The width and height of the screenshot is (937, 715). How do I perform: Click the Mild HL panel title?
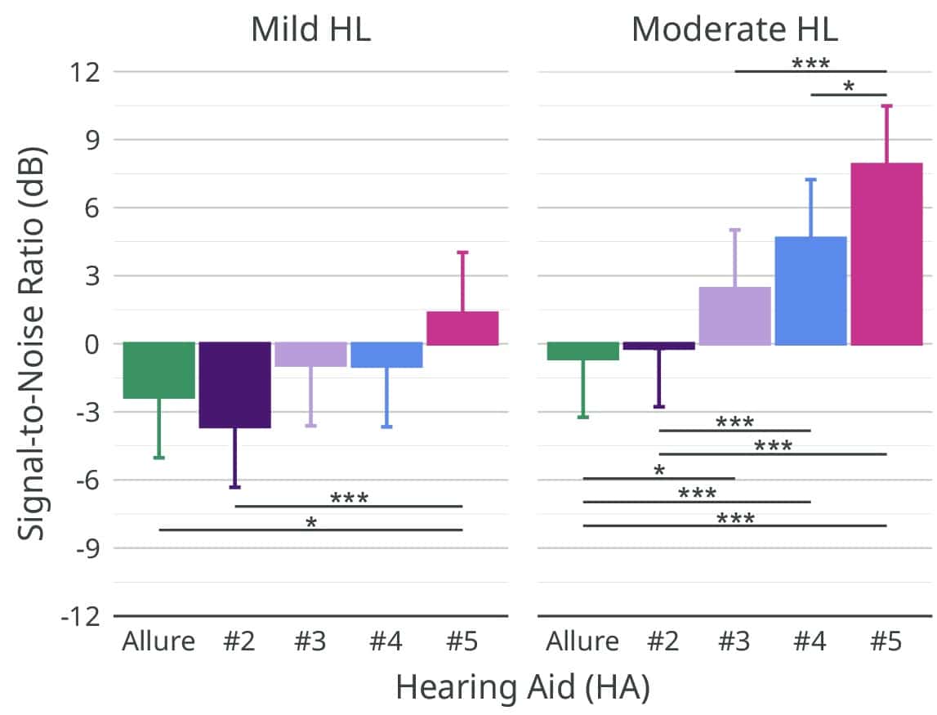[310, 29]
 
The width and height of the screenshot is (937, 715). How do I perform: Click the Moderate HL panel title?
[734, 29]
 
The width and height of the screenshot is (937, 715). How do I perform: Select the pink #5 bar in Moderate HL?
[886, 253]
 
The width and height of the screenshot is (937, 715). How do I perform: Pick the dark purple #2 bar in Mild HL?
[235, 385]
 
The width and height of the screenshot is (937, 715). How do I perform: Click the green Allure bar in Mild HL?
[159, 370]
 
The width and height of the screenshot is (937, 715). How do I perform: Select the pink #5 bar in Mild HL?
[462, 328]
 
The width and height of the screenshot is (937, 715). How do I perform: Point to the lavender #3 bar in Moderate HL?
[734, 315]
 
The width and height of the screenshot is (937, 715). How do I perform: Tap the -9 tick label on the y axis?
[80, 548]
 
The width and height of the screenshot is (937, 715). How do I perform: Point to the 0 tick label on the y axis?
[90, 344]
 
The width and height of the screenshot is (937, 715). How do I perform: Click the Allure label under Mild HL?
[159, 641]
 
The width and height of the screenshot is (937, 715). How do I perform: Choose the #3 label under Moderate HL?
[734, 641]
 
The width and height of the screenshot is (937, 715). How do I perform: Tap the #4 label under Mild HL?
[386, 641]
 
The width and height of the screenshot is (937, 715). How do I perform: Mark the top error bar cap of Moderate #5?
[886, 105]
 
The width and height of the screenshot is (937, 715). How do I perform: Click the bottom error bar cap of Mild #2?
[235, 487]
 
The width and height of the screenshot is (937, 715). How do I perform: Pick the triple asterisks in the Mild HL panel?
[349, 498]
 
